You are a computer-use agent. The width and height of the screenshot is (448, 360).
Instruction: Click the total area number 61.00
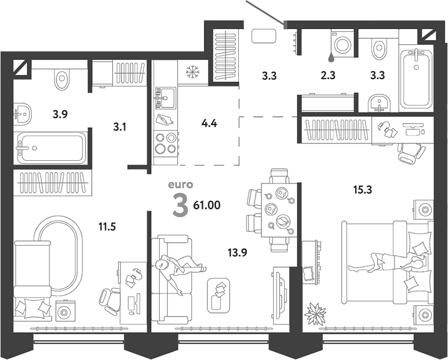click(207, 205)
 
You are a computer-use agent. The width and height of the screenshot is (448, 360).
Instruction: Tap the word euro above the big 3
click(180, 185)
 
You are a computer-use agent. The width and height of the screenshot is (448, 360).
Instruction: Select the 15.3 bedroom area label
click(363, 189)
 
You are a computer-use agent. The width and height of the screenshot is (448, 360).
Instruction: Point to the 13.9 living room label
click(237, 253)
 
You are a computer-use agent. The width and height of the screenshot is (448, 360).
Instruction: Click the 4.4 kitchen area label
click(209, 124)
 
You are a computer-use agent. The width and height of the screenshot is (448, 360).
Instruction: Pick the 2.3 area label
click(328, 75)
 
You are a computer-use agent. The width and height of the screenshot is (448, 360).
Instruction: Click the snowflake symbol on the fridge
click(192, 71)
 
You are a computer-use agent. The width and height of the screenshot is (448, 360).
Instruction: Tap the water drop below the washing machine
click(331, 57)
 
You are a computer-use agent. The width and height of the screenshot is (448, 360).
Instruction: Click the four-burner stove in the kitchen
click(166, 143)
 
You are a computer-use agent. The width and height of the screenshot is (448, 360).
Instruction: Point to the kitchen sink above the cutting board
click(166, 98)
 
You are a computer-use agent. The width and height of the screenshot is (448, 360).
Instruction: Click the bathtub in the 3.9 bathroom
click(52, 147)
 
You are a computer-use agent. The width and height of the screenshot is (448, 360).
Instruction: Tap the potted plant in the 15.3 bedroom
click(315, 314)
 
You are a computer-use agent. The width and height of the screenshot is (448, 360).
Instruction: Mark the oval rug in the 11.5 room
click(59, 255)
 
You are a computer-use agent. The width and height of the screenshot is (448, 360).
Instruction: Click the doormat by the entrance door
click(263, 36)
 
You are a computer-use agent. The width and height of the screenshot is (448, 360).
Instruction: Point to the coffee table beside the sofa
click(218, 295)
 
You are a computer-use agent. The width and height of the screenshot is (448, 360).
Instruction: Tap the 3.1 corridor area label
click(120, 127)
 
